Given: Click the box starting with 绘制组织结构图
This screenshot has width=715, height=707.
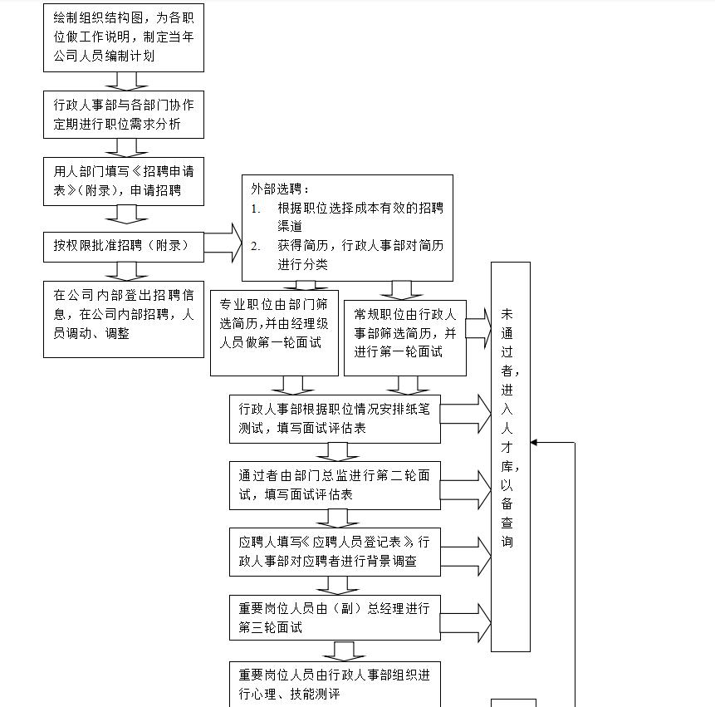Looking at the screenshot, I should tap(123, 37).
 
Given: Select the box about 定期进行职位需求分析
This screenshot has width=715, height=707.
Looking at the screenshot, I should tap(123, 115).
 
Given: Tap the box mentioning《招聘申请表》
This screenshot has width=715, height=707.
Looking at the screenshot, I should tap(123, 180).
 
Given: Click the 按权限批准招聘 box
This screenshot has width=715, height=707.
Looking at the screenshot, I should tap(123, 245).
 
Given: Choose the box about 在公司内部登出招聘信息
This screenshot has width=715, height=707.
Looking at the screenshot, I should tap(123, 318).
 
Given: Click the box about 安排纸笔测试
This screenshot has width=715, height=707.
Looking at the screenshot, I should tap(335, 419).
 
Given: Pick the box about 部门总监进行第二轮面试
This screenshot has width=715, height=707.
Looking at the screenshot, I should tap(335, 485).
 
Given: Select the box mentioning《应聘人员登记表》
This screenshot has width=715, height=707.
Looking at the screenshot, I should tap(335, 552).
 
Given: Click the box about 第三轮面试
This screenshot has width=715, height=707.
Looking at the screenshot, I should tap(335, 617).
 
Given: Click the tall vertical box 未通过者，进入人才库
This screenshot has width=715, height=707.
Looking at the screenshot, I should tap(510, 456).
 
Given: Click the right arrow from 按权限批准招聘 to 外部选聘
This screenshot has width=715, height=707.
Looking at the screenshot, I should tap(223, 243).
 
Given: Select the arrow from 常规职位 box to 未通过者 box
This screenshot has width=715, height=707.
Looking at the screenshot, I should tap(477, 329).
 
